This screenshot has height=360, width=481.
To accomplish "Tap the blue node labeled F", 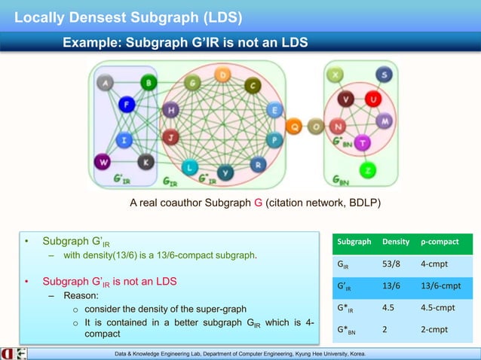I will [x=126, y=105].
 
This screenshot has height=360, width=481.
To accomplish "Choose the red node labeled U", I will [x=372, y=99].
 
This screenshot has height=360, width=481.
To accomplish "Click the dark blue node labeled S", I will [x=386, y=75].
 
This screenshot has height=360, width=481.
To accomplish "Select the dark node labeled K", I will [x=146, y=160].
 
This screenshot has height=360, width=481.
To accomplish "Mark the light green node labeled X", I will [x=335, y=75].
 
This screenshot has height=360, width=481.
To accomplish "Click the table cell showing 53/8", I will [x=392, y=264].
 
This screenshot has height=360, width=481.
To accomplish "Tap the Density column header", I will [x=396, y=243].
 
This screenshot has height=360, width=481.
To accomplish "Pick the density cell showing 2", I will [x=385, y=329].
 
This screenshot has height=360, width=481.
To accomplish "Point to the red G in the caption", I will [x=259, y=203].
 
